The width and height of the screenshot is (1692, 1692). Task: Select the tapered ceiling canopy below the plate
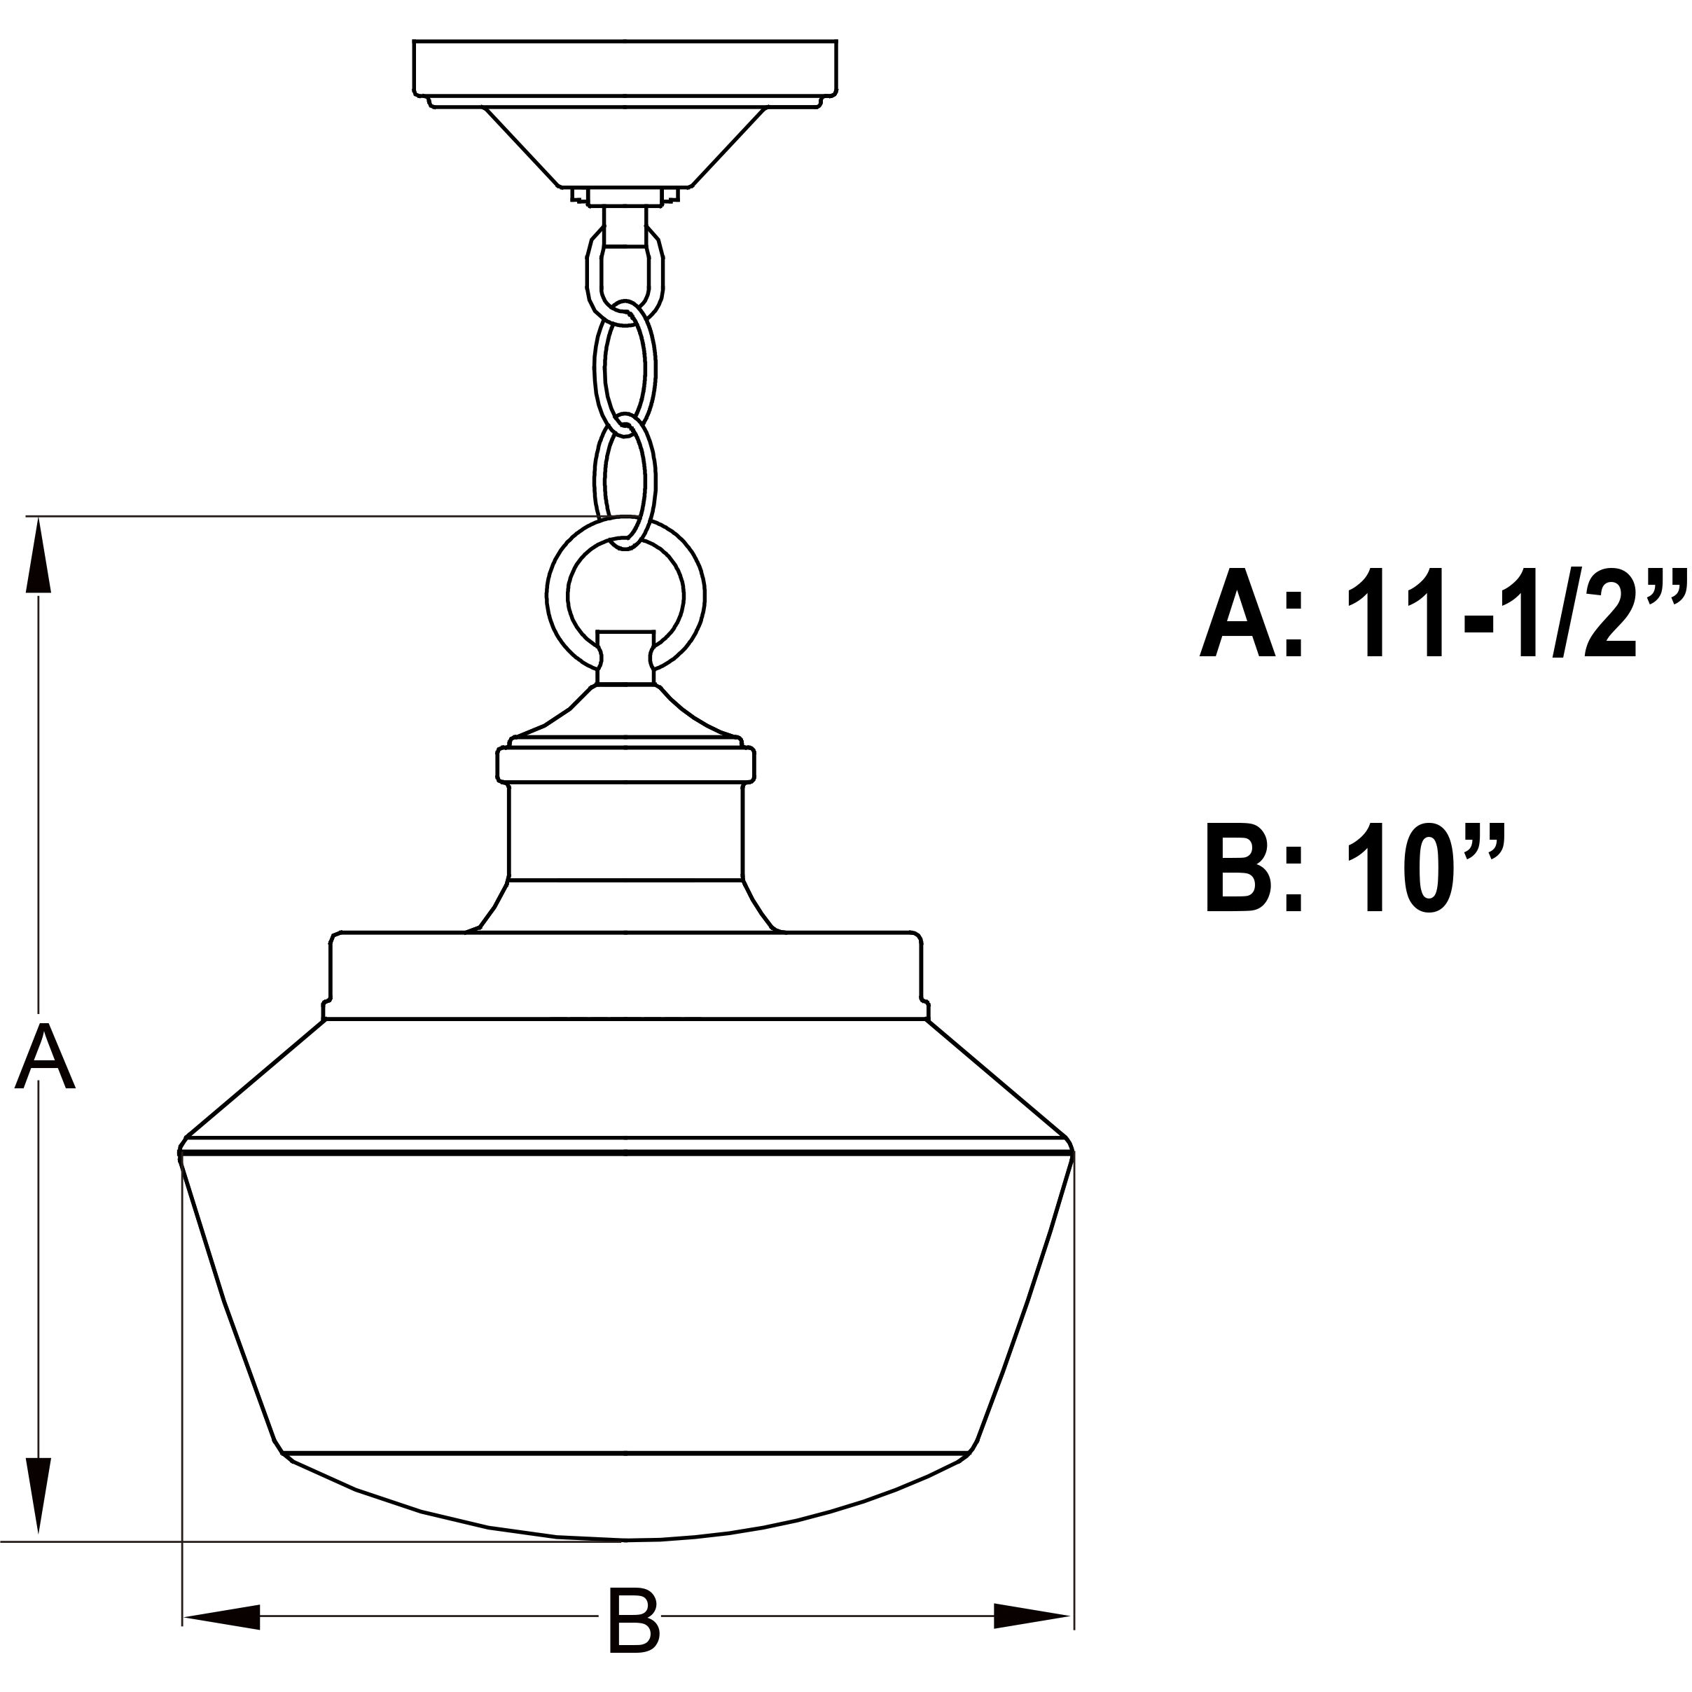625,147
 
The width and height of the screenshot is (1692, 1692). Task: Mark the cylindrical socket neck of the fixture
625,831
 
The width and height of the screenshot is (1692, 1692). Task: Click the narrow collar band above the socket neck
625,763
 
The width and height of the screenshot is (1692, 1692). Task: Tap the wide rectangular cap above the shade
625,975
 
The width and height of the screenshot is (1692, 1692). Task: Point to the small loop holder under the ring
625,657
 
